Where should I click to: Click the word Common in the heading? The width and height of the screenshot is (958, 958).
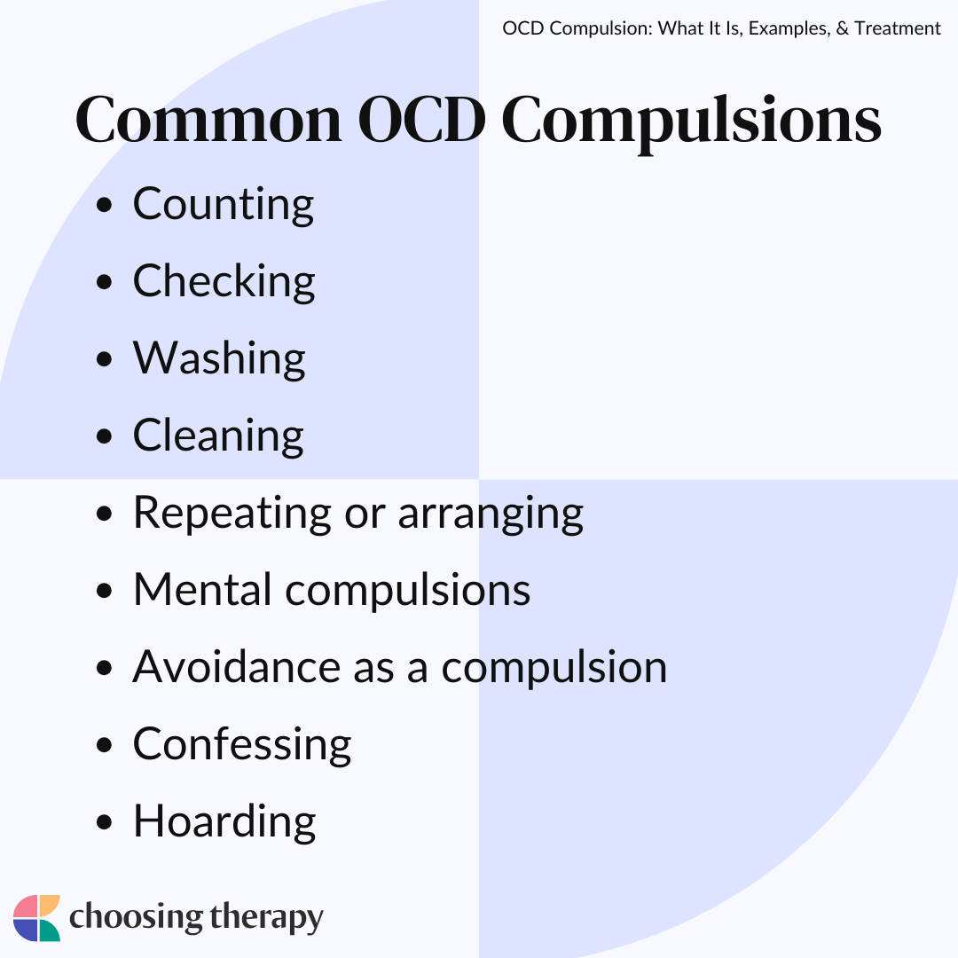point(208,120)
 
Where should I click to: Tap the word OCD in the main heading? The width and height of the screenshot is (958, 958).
point(421,120)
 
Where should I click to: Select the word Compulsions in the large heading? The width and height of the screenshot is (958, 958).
point(691,122)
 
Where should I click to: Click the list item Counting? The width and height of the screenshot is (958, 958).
point(223,205)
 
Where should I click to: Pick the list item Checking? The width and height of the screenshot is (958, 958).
point(224,282)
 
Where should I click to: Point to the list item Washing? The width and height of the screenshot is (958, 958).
point(219,358)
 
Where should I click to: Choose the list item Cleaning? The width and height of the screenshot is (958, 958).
point(218,436)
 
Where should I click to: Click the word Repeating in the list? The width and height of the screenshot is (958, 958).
point(232,514)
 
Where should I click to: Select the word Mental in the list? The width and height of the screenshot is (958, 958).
point(202,590)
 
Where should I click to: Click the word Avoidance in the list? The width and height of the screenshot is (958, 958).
point(237,666)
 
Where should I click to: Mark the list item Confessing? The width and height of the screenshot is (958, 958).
point(242,745)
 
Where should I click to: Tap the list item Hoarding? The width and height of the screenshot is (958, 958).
point(224,821)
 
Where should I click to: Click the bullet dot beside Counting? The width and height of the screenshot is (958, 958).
point(105,205)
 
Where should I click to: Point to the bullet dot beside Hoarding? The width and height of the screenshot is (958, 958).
point(105,822)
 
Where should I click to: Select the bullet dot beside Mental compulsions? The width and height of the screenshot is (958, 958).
point(105,591)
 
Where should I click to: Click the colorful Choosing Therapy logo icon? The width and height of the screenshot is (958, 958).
point(36,918)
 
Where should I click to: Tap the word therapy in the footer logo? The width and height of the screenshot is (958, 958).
point(266,918)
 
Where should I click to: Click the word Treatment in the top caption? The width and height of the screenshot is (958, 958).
point(898,28)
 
